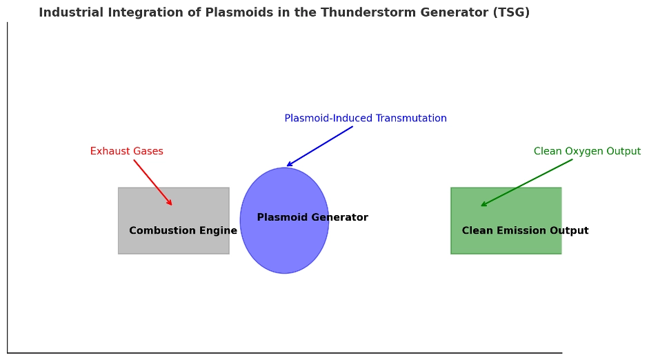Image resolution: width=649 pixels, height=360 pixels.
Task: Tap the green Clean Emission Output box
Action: pyautogui.click(x=506, y=207)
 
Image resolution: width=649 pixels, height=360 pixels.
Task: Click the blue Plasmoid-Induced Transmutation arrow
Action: pyautogui.click(x=320, y=146)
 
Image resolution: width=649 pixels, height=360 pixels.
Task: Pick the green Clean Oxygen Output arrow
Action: pyautogui.click(x=527, y=183)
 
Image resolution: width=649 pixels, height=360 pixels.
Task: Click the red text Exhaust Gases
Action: pyautogui.click(x=127, y=152)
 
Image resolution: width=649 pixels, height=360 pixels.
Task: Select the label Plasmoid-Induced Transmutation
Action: pyautogui.click(x=366, y=119)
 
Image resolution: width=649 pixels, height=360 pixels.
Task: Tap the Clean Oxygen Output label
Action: pyautogui.click(x=587, y=152)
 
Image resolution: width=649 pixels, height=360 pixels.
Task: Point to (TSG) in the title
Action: pyautogui.click(x=512, y=12)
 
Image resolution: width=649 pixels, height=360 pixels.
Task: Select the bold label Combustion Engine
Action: pyautogui.click(x=183, y=231)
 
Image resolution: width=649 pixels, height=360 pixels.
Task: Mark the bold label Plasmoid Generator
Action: pyautogui.click(x=312, y=218)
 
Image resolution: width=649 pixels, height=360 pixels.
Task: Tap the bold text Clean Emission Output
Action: pyautogui.click(x=525, y=231)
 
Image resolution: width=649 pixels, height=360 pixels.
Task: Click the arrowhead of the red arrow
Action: pyautogui.click(x=170, y=203)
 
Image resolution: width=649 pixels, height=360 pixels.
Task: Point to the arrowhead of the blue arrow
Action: pyautogui.click(x=288, y=166)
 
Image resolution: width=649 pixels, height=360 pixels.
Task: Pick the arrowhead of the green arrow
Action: pyautogui.click(x=483, y=205)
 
